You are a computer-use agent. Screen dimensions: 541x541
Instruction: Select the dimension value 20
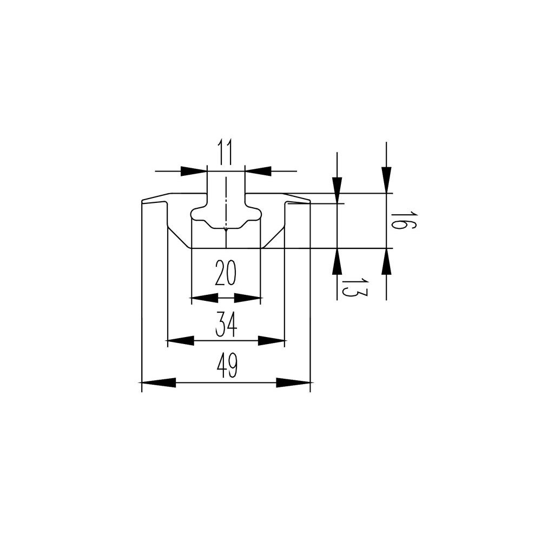click(225, 273)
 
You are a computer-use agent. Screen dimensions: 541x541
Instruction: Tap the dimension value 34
click(226, 324)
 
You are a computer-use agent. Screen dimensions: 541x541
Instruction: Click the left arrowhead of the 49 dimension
click(159, 382)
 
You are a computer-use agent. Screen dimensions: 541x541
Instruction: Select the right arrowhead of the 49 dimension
click(293, 382)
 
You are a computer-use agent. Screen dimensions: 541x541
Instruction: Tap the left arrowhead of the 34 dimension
click(181, 340)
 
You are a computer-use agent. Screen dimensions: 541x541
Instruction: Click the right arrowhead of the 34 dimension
click(271, 340)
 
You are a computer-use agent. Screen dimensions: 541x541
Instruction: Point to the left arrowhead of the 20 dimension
click(204, 298)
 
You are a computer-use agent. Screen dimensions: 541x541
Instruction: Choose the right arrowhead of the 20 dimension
click(247, 298)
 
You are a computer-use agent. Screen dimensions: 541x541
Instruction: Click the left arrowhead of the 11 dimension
click(194, 171)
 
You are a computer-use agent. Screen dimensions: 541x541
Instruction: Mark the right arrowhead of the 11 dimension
click(258, 171)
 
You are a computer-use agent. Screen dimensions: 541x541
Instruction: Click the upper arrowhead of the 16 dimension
click(386, 180)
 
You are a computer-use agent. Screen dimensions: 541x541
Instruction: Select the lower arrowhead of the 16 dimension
click(386, 261)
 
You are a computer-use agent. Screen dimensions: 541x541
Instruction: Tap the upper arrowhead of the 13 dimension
click(337, 190)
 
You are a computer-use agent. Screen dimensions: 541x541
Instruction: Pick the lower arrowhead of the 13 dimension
click(337, 261)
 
